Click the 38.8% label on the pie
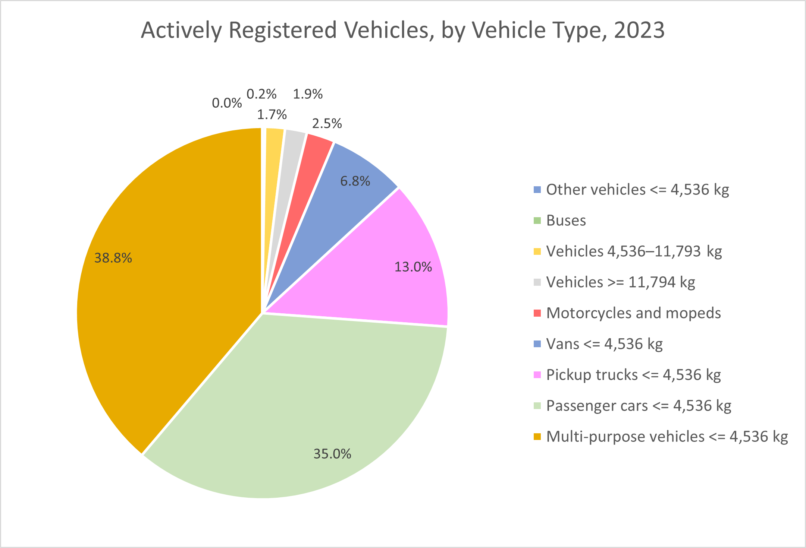[113, 258]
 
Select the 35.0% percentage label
[332, 454]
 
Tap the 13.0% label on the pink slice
[413, 267]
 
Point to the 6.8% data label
[355, 181]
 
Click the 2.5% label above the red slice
[327, 123]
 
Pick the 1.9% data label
[307, 94]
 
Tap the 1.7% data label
[272, 114]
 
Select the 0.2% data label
[261, 94]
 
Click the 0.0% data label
[227, 103]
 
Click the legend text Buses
[566, 221]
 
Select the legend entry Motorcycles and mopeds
[633, 313]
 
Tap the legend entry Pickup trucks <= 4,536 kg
[633, 375]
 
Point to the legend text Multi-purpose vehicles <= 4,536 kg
[667, 437]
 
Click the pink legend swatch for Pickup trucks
[537, 375]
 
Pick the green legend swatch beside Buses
[537, 221]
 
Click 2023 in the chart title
[639, 30]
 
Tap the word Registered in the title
[283, 30]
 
